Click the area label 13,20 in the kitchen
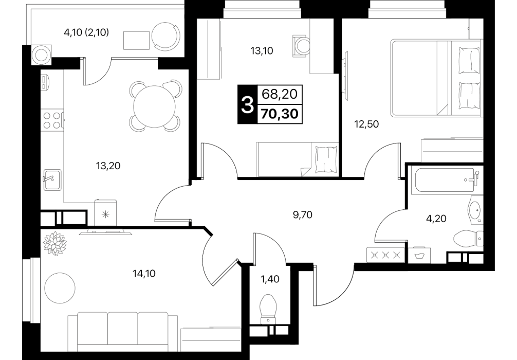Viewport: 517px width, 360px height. [108, 166]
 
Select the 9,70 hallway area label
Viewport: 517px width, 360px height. [303, 215]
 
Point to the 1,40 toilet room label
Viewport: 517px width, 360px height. [270, 279]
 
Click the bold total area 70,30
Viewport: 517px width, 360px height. [280, 114]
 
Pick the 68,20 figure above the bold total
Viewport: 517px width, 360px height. [280, 95]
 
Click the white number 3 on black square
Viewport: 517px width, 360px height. [247, 104]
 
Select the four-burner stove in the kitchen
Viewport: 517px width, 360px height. [52, 120]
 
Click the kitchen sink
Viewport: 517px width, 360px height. [52, 180]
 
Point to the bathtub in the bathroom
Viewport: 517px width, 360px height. [444, 180]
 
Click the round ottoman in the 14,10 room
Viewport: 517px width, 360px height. [60, 287]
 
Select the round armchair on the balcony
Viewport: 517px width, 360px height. [166, 36]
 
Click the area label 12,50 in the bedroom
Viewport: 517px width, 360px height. [366, 124]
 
